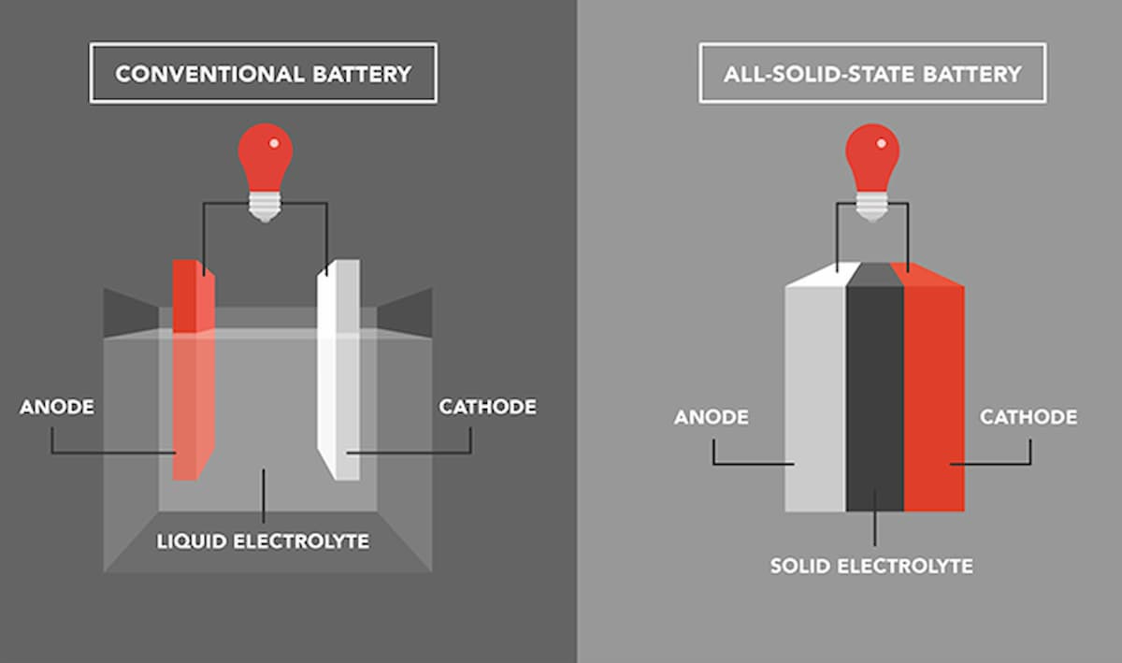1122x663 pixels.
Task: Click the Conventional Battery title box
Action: point(263,73)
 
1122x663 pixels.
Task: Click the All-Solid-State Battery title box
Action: point(871,73)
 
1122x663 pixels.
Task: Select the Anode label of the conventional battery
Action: point(57,407)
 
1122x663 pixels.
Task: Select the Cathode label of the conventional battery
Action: point(487,407)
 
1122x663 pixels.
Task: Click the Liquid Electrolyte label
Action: point(263,541)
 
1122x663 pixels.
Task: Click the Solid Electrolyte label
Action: point(871,566)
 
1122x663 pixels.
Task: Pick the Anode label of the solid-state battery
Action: point(712,417)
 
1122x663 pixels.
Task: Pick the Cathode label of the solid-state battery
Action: point(1028,417)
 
